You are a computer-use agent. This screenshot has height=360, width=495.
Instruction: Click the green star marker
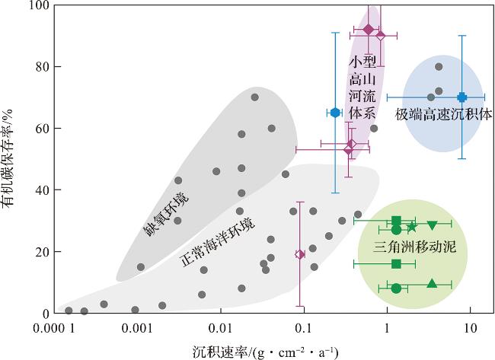tap(412, 227)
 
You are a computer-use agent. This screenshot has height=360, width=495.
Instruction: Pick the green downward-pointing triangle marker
tap(432, 225)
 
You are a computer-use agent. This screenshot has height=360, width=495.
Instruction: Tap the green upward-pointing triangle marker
tap(432, 284)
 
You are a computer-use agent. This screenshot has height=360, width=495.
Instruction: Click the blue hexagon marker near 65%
tap(335, 113)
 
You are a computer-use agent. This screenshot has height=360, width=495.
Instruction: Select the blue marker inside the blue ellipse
tap(461, 97)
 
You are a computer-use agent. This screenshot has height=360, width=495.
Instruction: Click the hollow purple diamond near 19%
tap(300, 254)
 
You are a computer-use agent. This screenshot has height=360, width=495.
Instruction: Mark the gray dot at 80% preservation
tap(439, 66)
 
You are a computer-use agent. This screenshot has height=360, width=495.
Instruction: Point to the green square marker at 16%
tap(396, 263)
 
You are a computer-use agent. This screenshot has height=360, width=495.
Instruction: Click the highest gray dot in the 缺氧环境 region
tap(254, 97)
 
